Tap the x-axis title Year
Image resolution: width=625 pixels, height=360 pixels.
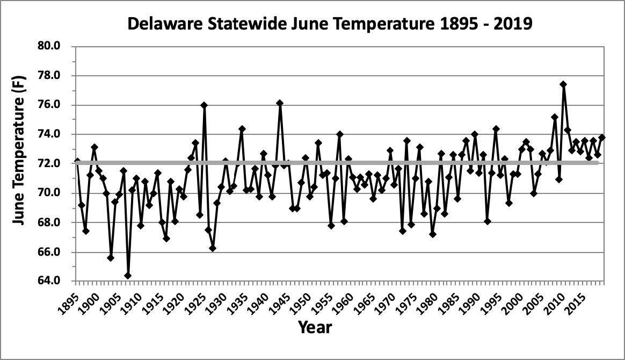click(315, 326)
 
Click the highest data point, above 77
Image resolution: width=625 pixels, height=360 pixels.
click(563, 84)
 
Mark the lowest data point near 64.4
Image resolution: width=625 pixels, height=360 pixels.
click(128, 276)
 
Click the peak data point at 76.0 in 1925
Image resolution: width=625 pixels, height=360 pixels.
click(204, 105)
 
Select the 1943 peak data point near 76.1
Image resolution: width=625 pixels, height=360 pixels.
click(280, 103)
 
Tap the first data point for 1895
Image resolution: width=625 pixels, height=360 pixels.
click(77, 161)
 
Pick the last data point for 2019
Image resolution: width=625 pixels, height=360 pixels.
click(601, 138)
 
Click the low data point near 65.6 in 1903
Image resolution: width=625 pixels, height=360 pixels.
click(111, 258)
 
